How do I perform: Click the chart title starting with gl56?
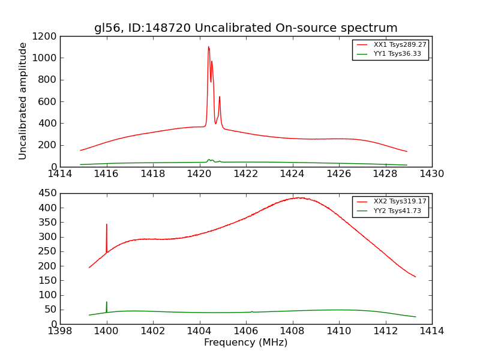pyautogui.click(x=245, y=28)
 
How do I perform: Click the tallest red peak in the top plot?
pyautogui.click(x=208, y=47)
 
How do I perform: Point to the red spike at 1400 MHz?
pyautogui.click(x=107, y=225)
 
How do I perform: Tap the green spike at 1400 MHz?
pyautogui.click(x=107, y=302)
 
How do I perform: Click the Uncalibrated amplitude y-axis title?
pyautogui.click(x=23, y=101)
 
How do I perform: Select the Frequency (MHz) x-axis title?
pyautogui.click(x=245, y=343)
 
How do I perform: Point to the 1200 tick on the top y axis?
pyautogui.click(x=46, y=37)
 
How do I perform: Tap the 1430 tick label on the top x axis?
pyautogui.click(x=431, y=174)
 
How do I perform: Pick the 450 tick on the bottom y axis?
pyautogui.click(x=49, y=193)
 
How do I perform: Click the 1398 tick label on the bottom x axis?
pyautogui.click(x=60, y=331)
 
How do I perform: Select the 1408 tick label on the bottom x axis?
pyautogui.click(x=292, y=331)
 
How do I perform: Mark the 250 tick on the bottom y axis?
pyautogui.click(x=49, y=251)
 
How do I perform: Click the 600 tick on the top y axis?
pyautogui.click(x=49, y=101)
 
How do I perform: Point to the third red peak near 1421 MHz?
pyautogui.click(x=220, y=97)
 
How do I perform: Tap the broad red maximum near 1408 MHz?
pyautogui.click(x=298, y=197)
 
